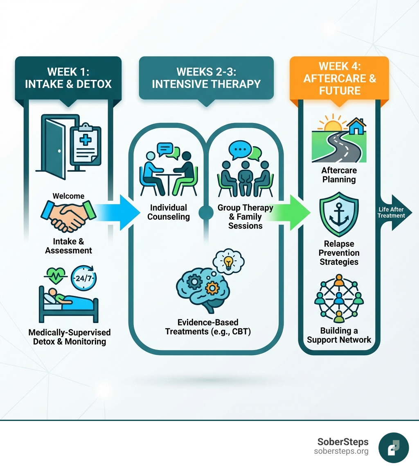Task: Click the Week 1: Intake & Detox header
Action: [x=68, y=78]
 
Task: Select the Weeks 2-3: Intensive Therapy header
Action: [x=206, y=78]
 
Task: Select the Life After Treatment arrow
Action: [x=392, y=213]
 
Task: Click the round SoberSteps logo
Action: [x=394, y=448]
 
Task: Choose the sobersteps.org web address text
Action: [x=341, y=451]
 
